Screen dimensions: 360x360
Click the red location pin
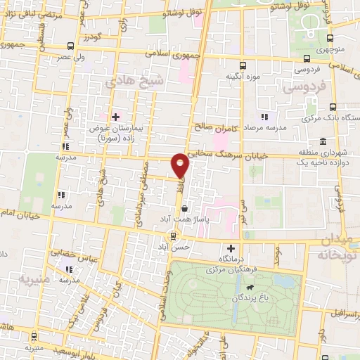point(181,165)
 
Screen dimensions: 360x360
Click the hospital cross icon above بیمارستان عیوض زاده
point(116,116)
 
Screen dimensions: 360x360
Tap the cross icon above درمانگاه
point(231,247)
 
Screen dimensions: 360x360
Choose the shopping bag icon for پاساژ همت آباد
point(185,209)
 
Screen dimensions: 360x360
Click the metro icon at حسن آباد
point(174,236)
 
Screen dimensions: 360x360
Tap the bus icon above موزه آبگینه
point(243,63)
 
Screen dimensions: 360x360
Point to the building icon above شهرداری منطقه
point(322,141)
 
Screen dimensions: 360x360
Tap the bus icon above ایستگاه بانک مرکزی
point(333,108)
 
